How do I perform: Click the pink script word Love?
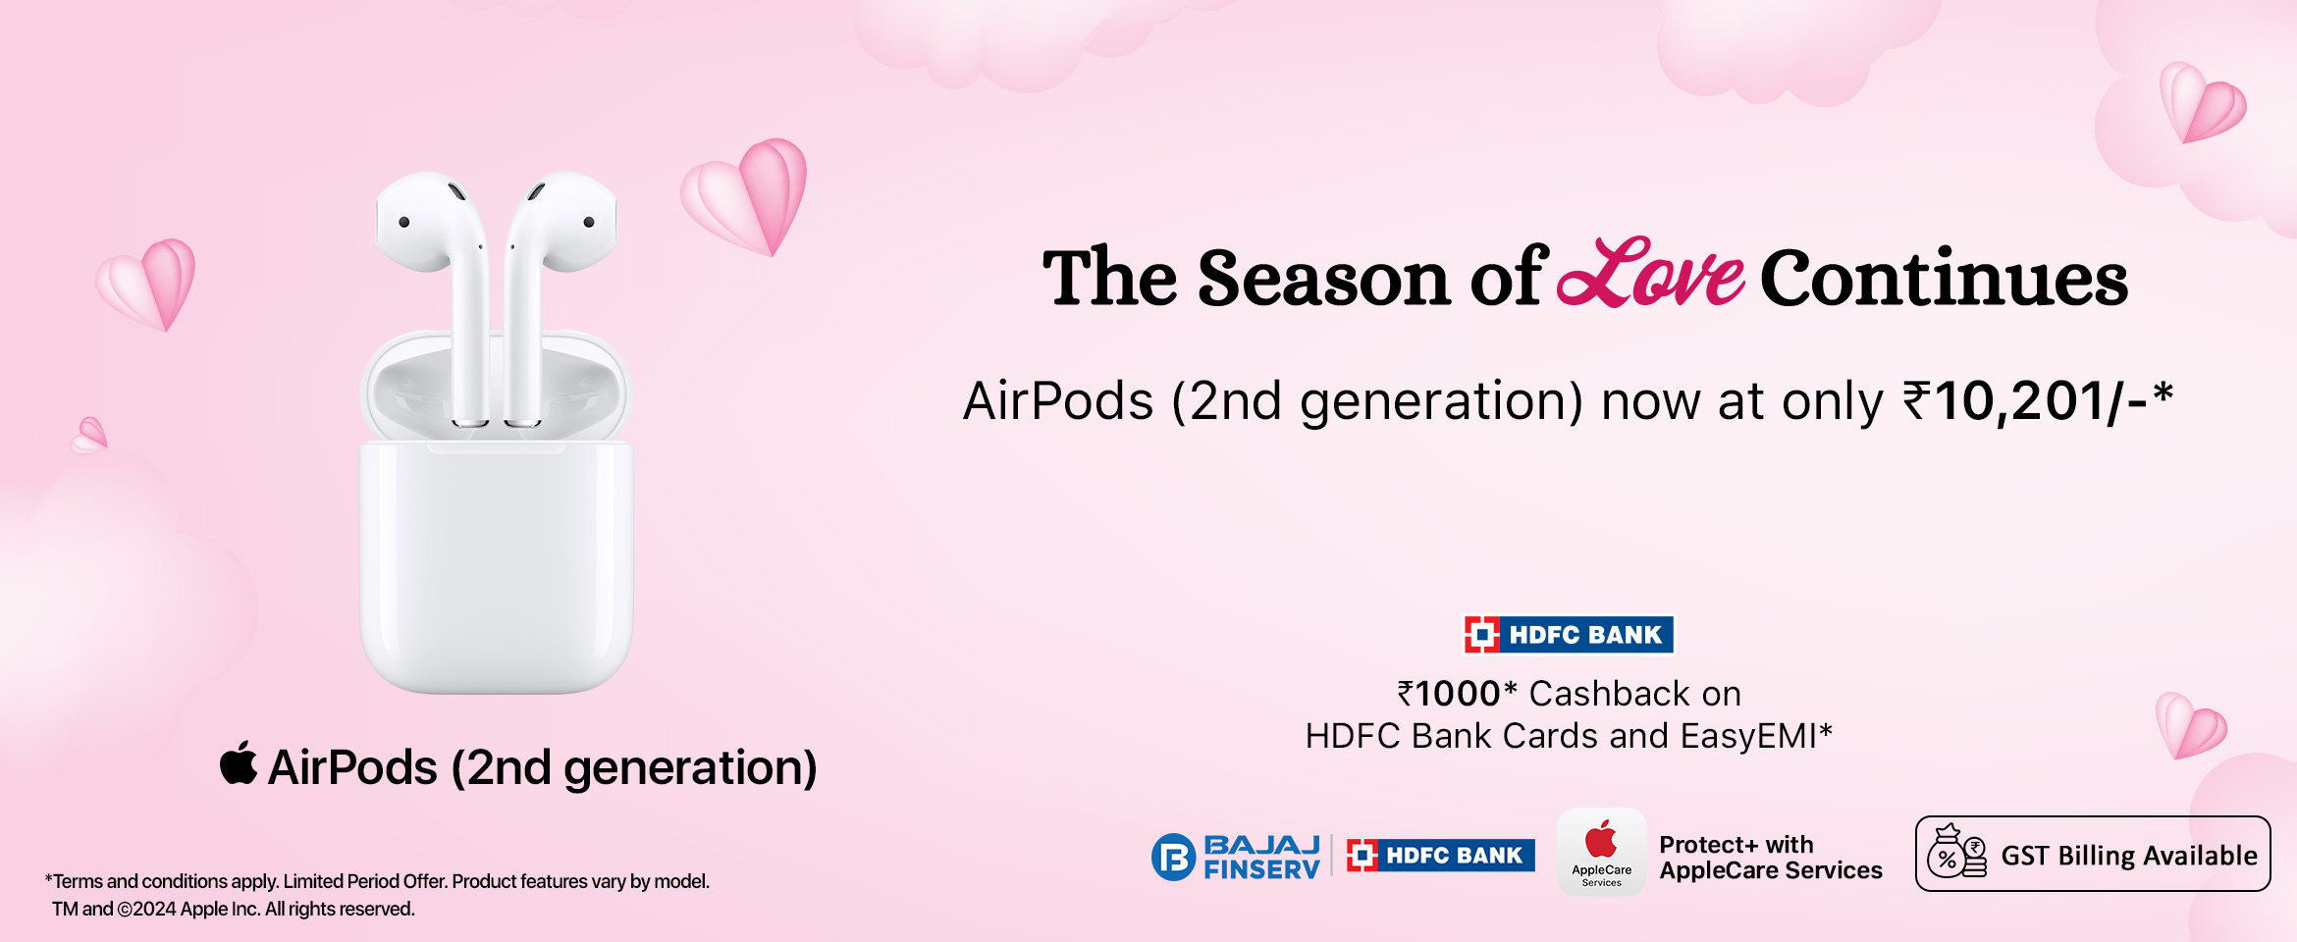1651,273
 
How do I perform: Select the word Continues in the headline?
1944,279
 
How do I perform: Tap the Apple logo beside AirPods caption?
239,763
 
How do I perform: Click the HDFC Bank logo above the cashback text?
1569,635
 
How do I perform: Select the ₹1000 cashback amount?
1450,694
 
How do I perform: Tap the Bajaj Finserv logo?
1236,857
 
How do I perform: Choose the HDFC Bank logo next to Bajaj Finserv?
1441,856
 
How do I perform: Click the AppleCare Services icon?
1602,852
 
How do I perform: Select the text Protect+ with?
1736,845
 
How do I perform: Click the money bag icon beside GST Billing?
1956,852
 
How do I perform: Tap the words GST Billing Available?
2129,856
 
